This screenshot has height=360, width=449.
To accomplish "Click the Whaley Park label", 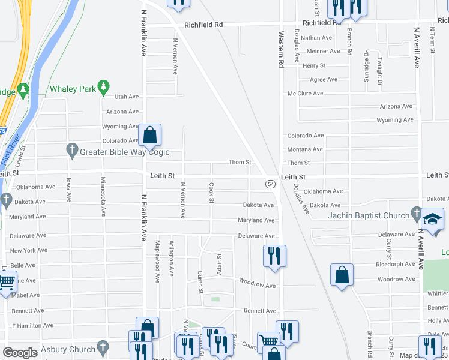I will coord(73,89).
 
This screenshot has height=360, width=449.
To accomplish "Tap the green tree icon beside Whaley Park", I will coord(103,88).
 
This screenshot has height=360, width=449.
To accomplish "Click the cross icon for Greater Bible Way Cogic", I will coord(72,149).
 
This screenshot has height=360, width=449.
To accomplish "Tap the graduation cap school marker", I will coord(432,220).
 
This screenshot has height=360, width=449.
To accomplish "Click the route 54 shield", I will coord(271,184).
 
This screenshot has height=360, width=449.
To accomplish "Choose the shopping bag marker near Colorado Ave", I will coord(150,136).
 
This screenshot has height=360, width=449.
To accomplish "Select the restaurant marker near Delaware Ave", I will coord(274,255).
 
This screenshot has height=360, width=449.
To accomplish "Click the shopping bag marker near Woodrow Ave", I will coord(342,275).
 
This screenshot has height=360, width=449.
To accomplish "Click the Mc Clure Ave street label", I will coord(305,94).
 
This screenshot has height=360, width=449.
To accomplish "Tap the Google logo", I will coord(20,353).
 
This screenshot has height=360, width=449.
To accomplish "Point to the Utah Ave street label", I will coord(126,96).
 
